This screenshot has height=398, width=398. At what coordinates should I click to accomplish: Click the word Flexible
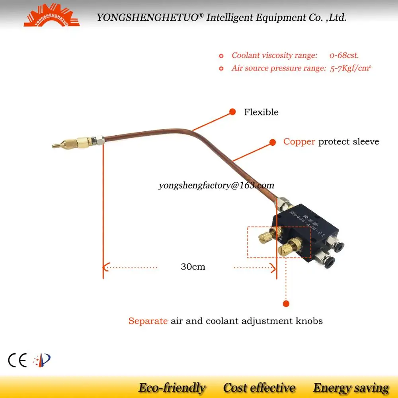(261, 112)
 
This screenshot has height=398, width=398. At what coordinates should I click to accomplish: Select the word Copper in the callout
(299, 142)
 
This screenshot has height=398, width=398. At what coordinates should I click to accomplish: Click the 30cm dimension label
(193, 267)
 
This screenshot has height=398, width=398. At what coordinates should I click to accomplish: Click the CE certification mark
(17, 361)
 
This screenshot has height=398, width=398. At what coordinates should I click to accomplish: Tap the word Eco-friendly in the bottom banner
(172, 388)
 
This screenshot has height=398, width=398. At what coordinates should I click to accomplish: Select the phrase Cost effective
(259, 388)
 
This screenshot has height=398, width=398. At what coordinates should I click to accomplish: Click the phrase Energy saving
(351, 388)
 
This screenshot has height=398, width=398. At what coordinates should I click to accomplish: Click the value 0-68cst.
(344, 55)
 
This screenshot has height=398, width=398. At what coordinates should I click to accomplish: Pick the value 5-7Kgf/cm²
(351, 68)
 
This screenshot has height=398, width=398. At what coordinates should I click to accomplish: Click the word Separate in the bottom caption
(148, 321)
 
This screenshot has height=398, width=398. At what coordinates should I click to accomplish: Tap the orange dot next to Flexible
(232, 112)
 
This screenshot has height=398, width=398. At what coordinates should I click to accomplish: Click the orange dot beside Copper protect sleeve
(273, 142)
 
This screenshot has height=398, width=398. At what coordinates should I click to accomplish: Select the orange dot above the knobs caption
(285, 304)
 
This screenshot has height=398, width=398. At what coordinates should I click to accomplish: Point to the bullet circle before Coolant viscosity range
(221, 56)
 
